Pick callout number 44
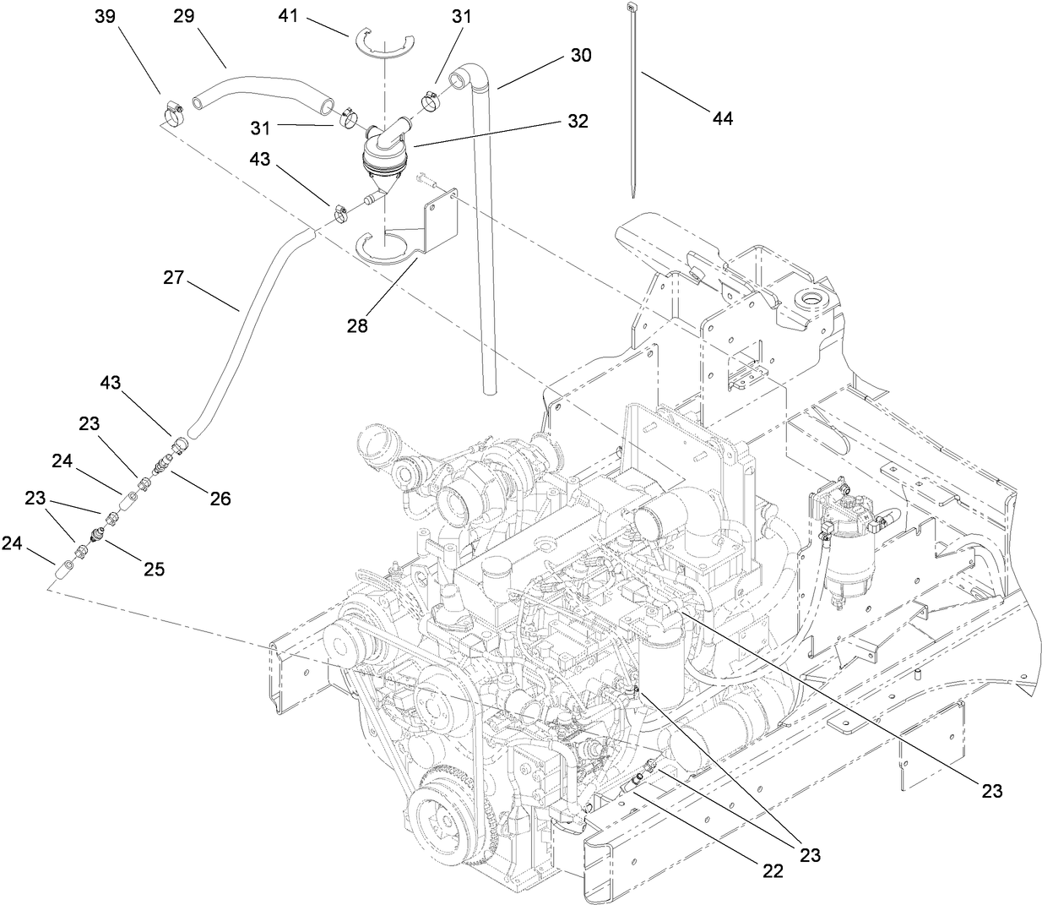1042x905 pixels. click(x=720, y=118)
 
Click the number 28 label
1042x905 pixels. click(x=357, y=324)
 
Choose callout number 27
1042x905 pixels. click(x=174, y=277)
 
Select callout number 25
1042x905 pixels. click(x=152, y=569)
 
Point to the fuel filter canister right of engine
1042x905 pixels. click(x=844, y=549)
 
